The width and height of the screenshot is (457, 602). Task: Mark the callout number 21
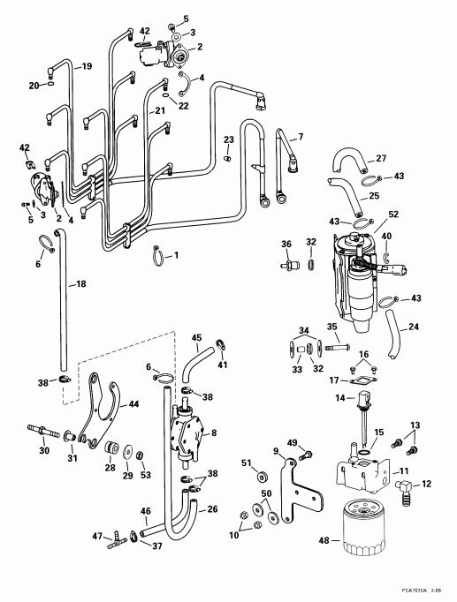[160, 110]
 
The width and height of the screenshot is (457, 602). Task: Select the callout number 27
[382, 159]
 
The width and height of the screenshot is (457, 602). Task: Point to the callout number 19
[88, 67]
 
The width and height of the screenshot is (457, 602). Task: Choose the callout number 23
[228, 139]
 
